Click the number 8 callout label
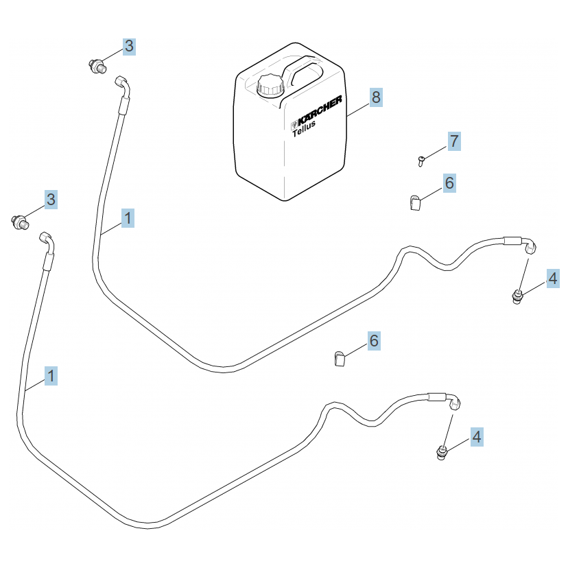click(x=375, y=97)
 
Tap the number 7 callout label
click(x=453, y=141)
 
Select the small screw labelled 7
click(x=421, y=161)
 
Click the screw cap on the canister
click(x=270, y=86)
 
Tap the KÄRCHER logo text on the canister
click(x=318, y=112)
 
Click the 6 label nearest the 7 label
click(x=449, y=183)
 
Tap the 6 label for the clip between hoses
click(x=374, y=341)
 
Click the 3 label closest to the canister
click(x=129, y=47)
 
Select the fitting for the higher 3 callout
click(x=97, y=66)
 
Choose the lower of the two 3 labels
click(x=51, y=200)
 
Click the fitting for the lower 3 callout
click(x=20, y=222)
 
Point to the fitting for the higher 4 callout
click(x=517, y=297)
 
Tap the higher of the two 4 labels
click(x=552, y=279)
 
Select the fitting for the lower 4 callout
click(x=442, y=452)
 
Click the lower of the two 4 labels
click(x=476, y=436)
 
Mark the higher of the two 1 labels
click(x=128, y=219)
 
